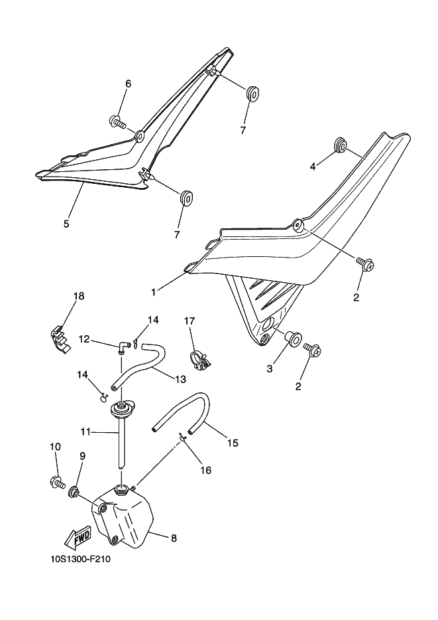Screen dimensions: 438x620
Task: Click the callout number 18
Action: [x=79, y=296]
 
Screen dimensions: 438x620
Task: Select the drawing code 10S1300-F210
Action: [x=80, y=560]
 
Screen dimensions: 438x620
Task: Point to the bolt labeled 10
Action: [x=57, y=482]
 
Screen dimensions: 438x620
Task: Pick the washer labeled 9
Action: [x=73, y=492]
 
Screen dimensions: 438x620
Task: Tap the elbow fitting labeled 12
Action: [x=123, y=347]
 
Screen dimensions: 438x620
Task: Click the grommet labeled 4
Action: [x=341, y=144]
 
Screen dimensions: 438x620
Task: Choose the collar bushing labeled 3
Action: [x=293, y=339]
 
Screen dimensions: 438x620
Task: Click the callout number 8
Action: [x=174, y=538]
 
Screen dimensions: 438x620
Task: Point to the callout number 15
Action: [x=233, y=443]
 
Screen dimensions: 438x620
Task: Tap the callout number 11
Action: [x=85, y=432]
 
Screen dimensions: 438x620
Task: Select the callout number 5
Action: [x=66, y=224]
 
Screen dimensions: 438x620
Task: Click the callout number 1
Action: [x=154, y=292]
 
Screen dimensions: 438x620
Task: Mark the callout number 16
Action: [x=206, y=470]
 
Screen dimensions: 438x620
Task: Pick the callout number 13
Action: [x=180, y=380]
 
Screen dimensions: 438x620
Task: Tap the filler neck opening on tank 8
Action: [x=121, y=490]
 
